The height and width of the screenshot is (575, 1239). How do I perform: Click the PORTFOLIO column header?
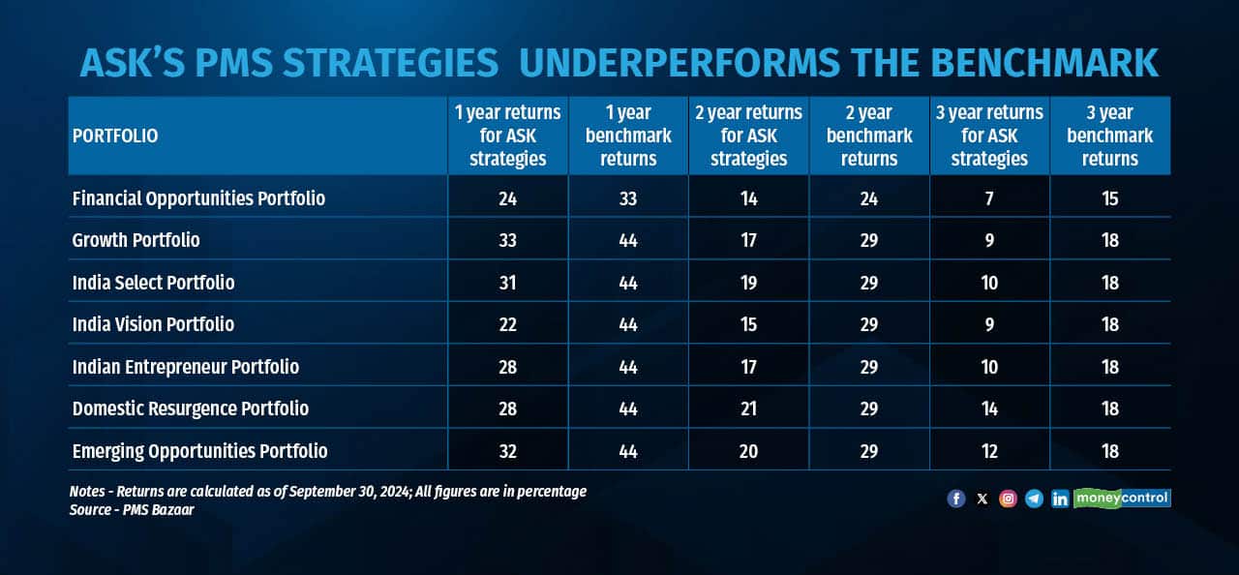[115, 136]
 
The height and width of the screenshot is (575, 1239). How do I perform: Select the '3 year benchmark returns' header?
[1109, 136]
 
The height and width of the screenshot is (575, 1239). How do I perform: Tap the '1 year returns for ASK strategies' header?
[508, 136]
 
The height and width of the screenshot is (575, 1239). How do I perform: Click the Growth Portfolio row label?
[136, 240]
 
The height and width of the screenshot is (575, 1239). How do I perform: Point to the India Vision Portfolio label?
[153, 324]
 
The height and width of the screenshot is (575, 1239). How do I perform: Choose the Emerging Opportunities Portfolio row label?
[199, 451]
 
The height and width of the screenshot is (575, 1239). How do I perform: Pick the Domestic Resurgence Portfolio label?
[191, 409]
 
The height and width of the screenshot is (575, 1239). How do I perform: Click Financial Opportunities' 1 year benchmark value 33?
[628, 198]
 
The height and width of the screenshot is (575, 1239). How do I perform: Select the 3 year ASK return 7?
[989, 198]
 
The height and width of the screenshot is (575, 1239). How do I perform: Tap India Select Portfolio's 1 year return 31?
[507, 283]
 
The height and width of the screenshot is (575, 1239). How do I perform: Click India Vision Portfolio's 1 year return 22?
[508, 324]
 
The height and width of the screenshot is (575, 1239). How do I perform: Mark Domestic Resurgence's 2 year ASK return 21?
[748, 409]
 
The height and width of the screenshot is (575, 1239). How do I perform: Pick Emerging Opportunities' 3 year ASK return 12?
[989, 452]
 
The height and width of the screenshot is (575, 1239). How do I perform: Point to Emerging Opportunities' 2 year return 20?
[748, 452]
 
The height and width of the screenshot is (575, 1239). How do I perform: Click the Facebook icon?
[956, 499]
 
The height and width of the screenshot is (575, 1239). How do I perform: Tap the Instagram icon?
[1008, 499]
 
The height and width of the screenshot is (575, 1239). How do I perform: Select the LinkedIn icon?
[1060, 499]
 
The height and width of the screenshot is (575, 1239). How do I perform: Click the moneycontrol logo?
[1122, 499]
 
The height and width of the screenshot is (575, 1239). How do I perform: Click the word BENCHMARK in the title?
[1044, 63]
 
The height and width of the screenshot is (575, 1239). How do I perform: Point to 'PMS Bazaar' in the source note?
[158, 510]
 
